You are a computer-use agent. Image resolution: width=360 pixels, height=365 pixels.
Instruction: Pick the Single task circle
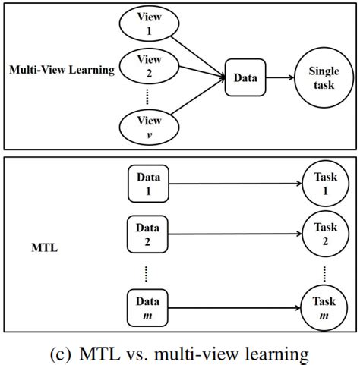point(324,77)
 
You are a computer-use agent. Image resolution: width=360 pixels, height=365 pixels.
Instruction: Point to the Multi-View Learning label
point(62,70)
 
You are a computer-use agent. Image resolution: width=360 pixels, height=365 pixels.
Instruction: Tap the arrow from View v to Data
point(200,102)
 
